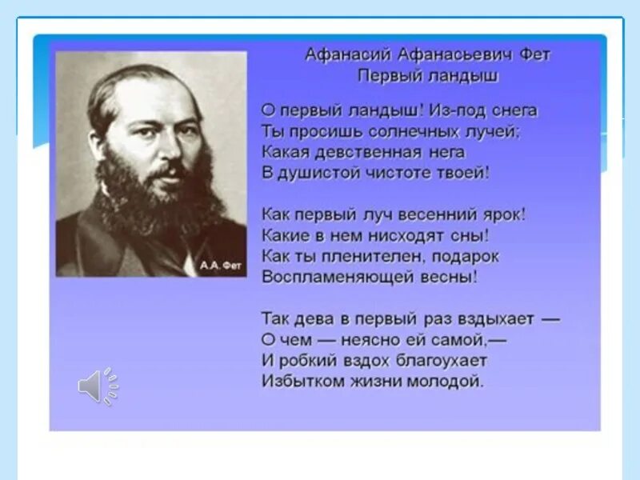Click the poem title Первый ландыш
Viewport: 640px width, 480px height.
[x=428, y=76]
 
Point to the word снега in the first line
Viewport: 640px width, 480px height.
[x=512, y=110]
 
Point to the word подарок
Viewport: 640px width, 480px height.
[x=467, y=256]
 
